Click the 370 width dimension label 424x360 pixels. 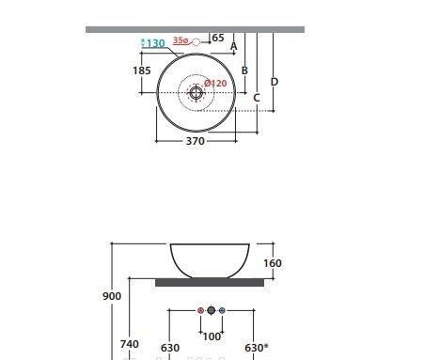(195, 141)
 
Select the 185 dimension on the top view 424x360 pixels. (142, 70)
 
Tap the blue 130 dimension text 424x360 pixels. (154, 43)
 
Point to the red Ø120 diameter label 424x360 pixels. (216, 84)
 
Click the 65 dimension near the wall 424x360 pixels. (218, 39)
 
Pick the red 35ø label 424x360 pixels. (181, 40)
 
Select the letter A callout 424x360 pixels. (234, 47)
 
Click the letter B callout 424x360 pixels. (244, 70)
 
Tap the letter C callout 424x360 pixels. (257, 98)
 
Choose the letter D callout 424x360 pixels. (275, 82)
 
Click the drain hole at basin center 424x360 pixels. (196, 92)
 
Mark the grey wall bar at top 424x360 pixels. (195, 29)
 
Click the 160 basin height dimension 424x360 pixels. (273, 264)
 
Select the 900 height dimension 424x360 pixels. (112, 296)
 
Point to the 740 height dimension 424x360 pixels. (130, 345)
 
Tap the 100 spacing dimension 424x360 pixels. (212, 336)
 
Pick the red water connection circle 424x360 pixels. (200, 309)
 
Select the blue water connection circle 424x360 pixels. (222, 309)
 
